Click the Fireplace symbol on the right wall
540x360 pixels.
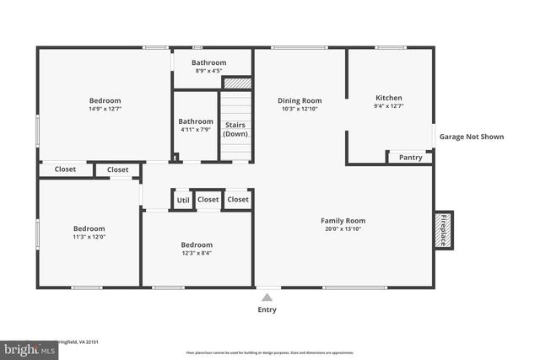coord(444,229)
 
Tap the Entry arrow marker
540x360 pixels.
coord(267,297)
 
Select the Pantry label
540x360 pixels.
coord(410,158)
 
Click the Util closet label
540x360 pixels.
coord(183,200)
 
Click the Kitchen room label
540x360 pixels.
coord(388,98)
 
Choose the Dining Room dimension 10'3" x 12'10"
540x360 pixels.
coord(300,110)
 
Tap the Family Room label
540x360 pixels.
coord(344,221)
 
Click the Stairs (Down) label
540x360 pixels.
coord(235,129)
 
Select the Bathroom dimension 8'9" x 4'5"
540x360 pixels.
coord(208,71)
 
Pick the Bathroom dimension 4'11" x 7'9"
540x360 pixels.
coord(196,129)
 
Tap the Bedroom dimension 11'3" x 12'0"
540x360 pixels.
coord(89,237)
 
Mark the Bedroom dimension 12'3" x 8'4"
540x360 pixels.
coord(196,253)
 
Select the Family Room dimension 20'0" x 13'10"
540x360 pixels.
coord(344,229)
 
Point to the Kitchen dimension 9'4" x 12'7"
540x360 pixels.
coord(388,106)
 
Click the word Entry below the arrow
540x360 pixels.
coord(267,309)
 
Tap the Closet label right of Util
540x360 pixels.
coord(208,200)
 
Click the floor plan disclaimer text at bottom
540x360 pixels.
coord(269,352)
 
